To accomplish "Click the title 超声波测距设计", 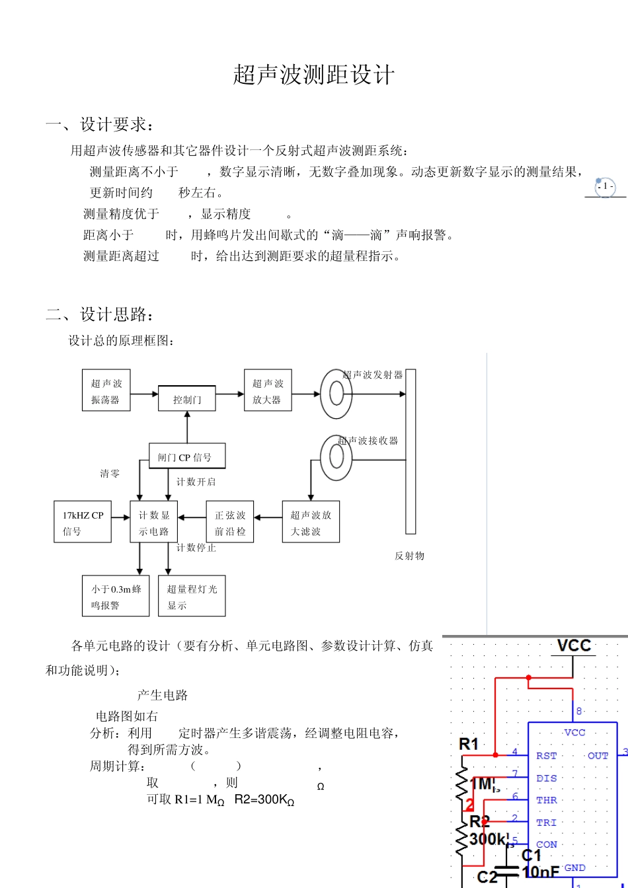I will click(313, 75).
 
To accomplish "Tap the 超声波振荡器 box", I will click(106, 391).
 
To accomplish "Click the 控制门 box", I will click(187, 399).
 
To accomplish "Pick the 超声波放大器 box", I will click(268, 391).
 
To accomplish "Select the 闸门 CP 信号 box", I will click(187, 457).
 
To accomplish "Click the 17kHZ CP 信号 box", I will click(83, 523).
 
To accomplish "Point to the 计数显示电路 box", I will click(154, 523).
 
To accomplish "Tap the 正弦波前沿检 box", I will click(230, 523).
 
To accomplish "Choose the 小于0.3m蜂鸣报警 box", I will click(116, 597).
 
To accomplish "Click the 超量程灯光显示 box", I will click(192, 597).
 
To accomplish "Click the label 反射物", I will click(409, 556).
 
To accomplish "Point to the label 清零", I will click(110, 474).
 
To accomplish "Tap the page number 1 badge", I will click(605, 187).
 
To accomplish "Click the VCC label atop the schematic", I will click(573, 646).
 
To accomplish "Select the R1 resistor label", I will click(468, 744).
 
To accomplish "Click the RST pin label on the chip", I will click(546, 756).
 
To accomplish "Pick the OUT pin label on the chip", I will click(598, 756).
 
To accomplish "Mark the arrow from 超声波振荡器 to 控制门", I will click(144, 394).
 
